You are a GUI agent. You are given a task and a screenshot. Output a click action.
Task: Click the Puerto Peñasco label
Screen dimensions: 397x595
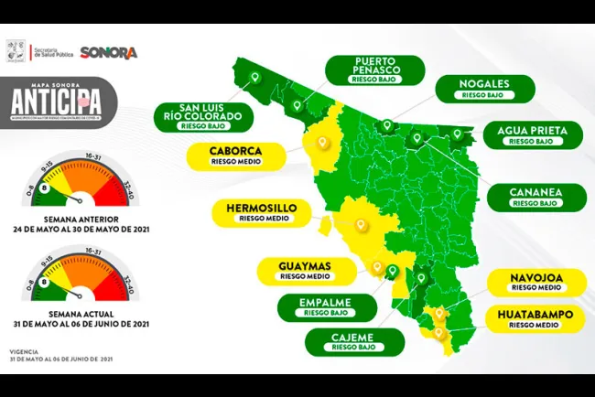point(376,69)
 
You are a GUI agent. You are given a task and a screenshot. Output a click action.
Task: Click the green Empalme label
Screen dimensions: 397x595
point(326,306)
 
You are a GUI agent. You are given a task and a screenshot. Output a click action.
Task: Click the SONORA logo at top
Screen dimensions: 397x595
point(109,52)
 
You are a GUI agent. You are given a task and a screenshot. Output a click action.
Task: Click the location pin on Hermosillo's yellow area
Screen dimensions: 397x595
point(361,222)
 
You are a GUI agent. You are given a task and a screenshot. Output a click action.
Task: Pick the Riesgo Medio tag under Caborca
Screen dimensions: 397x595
point(236,162)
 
